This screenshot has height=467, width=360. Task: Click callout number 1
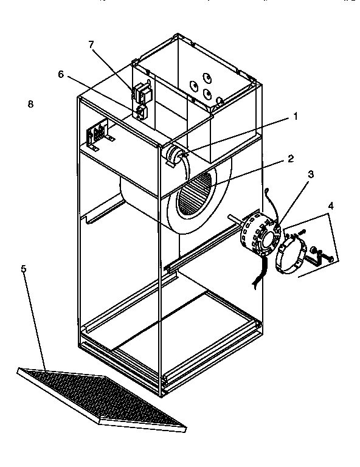click(x=295, y=117)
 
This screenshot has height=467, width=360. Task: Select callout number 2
click(x=291, y=159)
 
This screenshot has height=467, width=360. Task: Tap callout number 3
click(x=311, y=175)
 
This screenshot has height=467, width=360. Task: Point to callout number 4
click(x=331, y=206)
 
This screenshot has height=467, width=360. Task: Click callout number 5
click(x=24, y=269)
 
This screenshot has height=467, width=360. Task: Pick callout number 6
click(x=61, y=74)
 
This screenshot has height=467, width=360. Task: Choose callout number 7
click(x=91, y=44)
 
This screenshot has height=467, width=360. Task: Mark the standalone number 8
click(x=30, y=104)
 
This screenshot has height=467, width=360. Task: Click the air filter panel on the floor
click(x=102, y=400)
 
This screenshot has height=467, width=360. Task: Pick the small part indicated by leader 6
click(x=142, y=112)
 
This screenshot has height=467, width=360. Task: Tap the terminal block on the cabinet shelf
click(x=99, y=134)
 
